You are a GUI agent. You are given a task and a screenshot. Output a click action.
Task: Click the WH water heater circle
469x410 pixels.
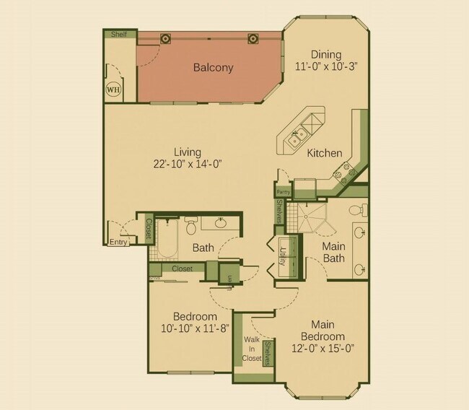pos(113,90)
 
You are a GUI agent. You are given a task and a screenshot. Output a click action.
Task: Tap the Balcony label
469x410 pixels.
pos(213,68)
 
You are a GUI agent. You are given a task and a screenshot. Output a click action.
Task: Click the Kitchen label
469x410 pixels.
pos(325,153)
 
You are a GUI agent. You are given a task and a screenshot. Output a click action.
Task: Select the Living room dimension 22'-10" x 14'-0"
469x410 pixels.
pos(187,164)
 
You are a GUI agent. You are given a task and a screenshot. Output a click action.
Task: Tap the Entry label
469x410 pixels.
pos(118,243)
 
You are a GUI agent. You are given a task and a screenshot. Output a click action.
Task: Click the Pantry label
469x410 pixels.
pos(283,192)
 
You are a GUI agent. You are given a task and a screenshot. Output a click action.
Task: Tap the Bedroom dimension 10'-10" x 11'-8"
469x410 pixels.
pos(195,328)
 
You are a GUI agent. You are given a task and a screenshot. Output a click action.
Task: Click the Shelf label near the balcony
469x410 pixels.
pos(119,34)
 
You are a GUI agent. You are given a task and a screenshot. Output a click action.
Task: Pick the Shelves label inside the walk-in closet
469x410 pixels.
pos(267,352)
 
